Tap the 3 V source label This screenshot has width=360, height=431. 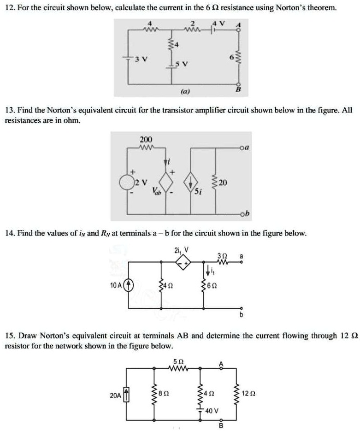pos(138,59)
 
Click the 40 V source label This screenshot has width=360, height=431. pos(212,410)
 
